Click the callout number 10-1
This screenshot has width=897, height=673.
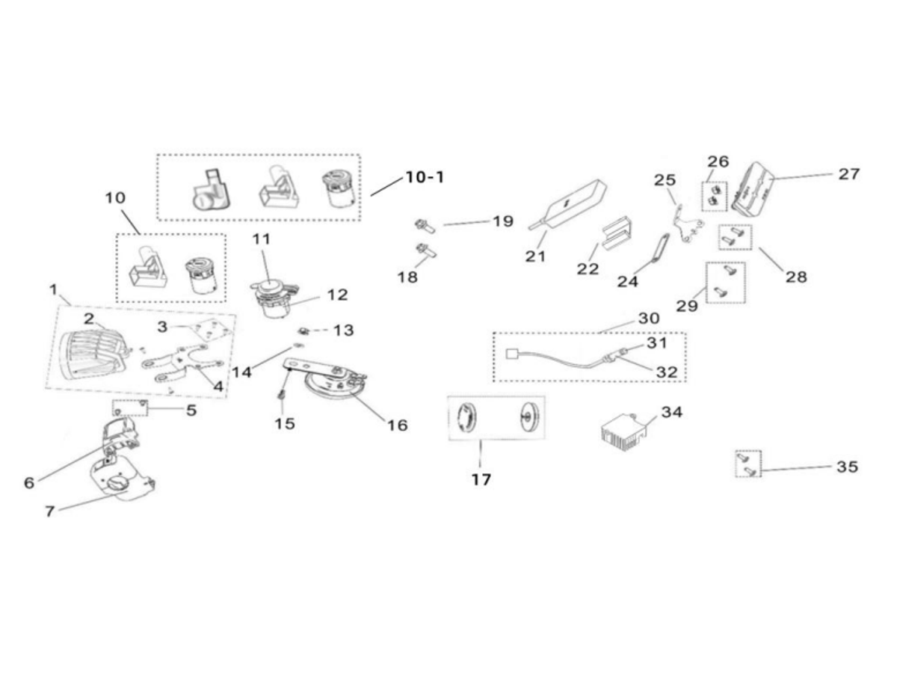point(425,177)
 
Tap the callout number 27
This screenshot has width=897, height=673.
point(848,173)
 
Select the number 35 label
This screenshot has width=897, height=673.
point(847,467)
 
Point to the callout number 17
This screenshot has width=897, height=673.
point(481,479)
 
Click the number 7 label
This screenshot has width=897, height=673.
point(49,511)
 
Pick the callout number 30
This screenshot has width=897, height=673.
point(648,318)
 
